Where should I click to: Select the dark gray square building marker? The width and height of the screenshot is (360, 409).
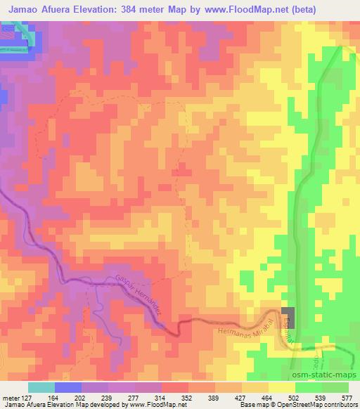(x=288, y=316)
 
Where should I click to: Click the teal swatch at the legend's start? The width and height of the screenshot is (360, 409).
(x=41, y=387)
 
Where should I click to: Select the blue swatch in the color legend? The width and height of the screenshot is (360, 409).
(x=67, y=387)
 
